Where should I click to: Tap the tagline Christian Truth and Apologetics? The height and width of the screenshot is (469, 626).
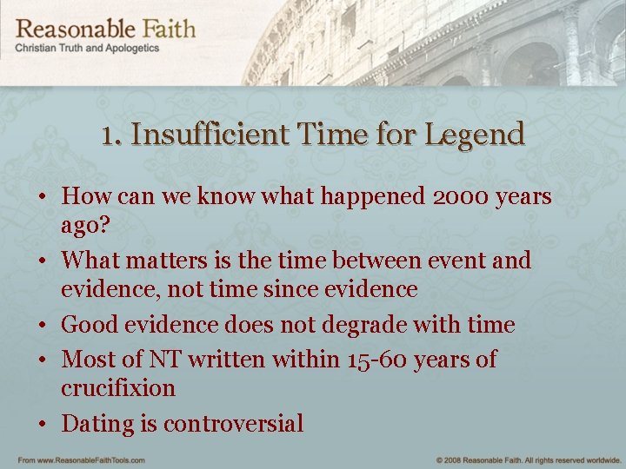pyautogui.click(x=87, y=49)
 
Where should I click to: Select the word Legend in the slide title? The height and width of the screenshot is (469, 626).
pyautogui.click(x=475, y=135)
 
